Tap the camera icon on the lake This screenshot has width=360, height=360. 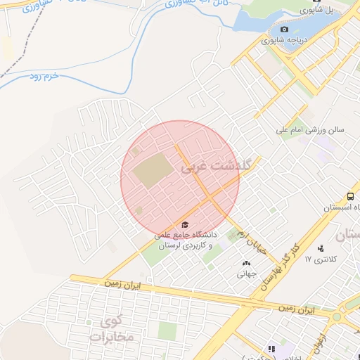click(x=284, y=29)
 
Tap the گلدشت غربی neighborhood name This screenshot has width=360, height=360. click(x=208, y=167)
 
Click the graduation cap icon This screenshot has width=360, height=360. click(x=184, y=224)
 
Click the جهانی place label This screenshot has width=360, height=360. click(x=246, y=274)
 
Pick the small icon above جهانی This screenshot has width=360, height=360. click(x=246, y=264)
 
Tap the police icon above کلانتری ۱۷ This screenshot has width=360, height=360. click(x=321, y=248)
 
